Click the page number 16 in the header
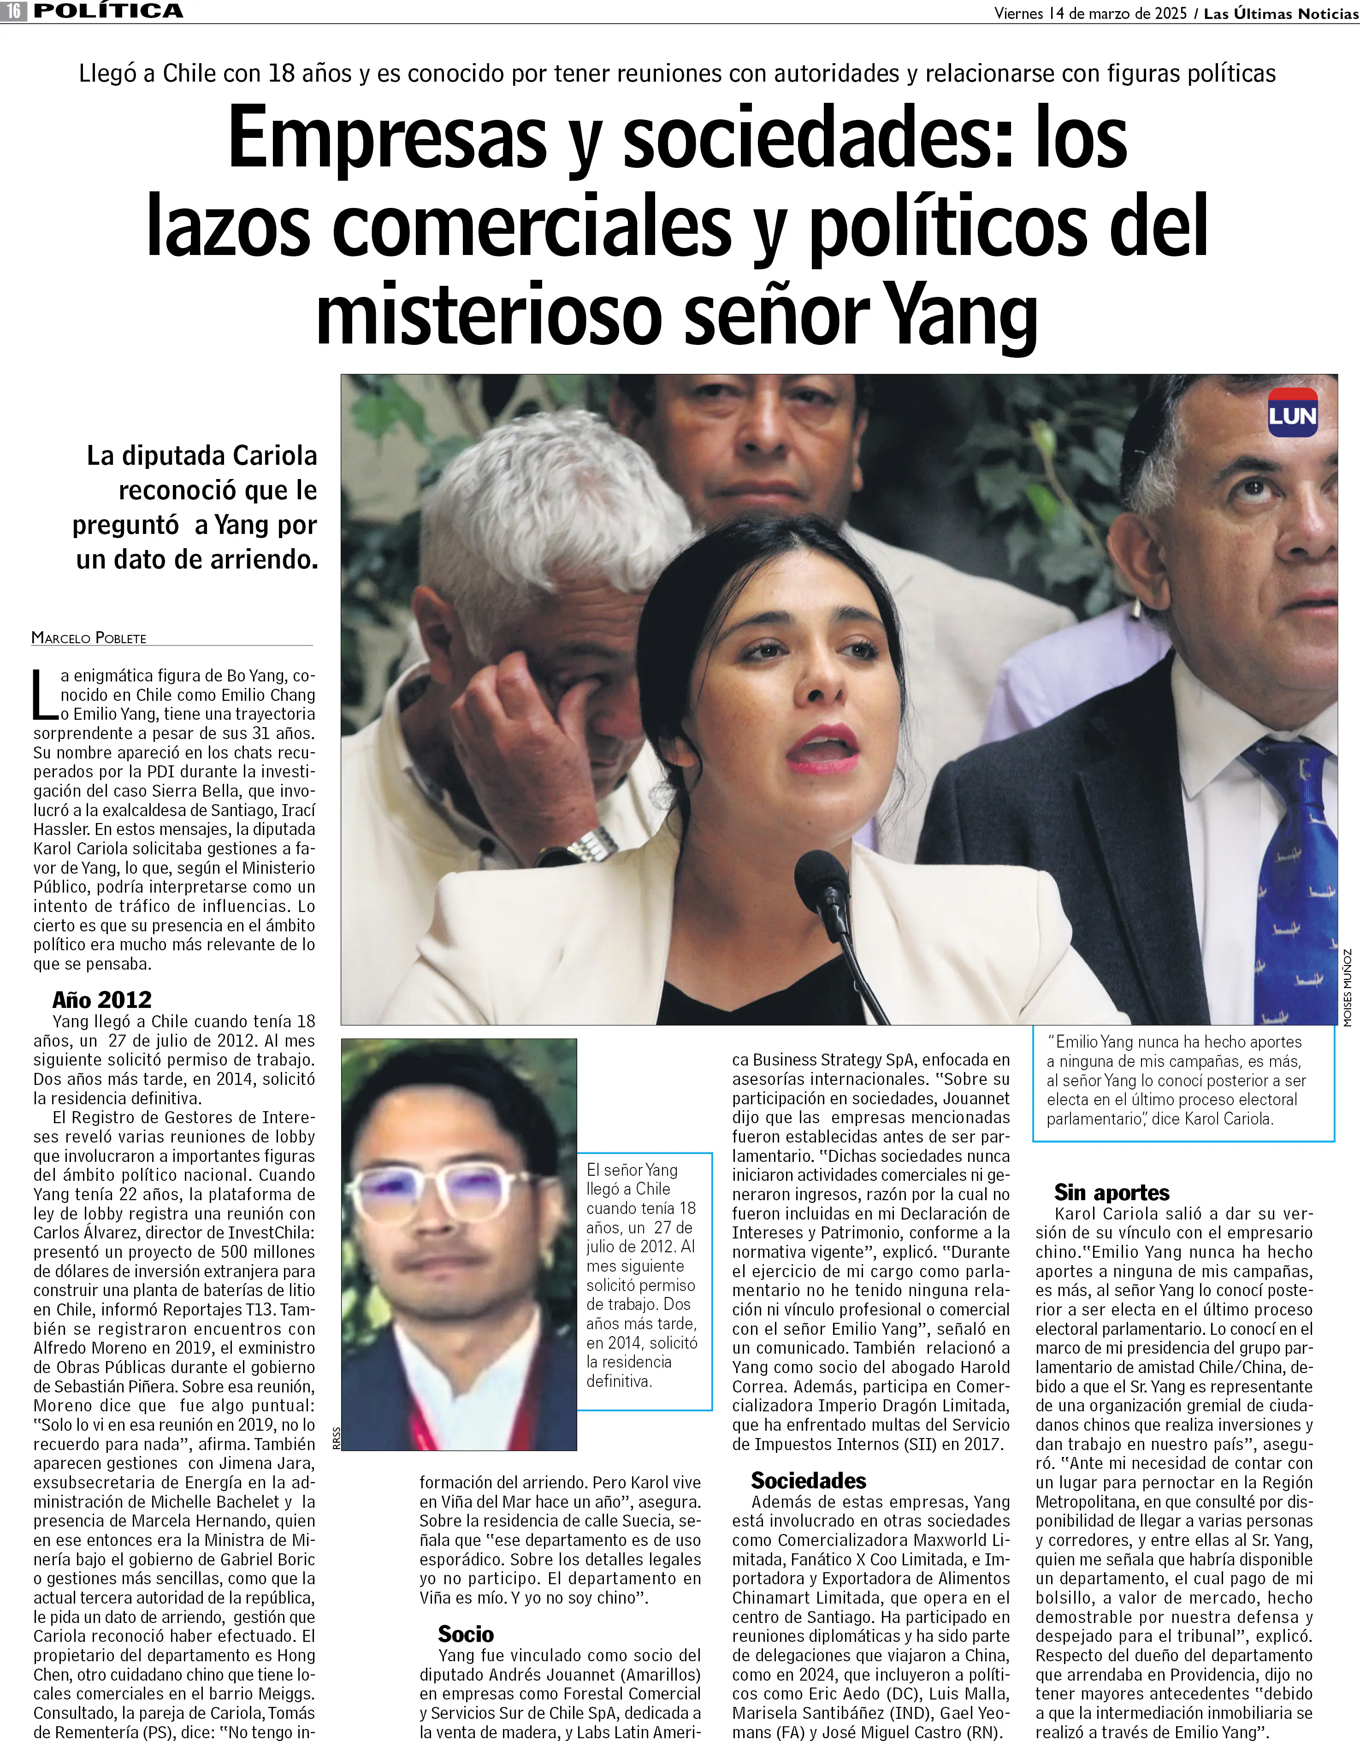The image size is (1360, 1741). pos(13,11)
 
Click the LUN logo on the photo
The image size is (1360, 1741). pos(1292,413)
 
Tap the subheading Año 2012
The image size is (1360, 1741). pos(101,1000)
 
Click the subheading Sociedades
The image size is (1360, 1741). pos(808,1480)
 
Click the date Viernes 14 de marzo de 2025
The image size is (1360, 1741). pos(1090,13)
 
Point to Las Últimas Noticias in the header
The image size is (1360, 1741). pos(1280,13)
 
